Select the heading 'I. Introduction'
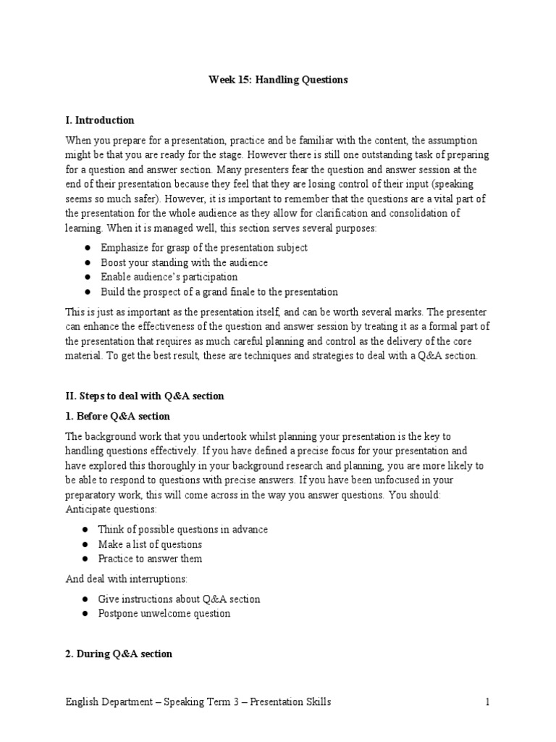(x=100, y=120)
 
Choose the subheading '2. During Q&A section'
(x=119, y=654)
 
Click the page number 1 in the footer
(x=488, y=701)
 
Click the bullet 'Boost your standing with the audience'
(x=184, y=262)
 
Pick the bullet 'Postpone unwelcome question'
(x=165, y=613)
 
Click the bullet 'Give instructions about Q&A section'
(x=180, y=599)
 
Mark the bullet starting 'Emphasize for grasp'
(x=203, y=248)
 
